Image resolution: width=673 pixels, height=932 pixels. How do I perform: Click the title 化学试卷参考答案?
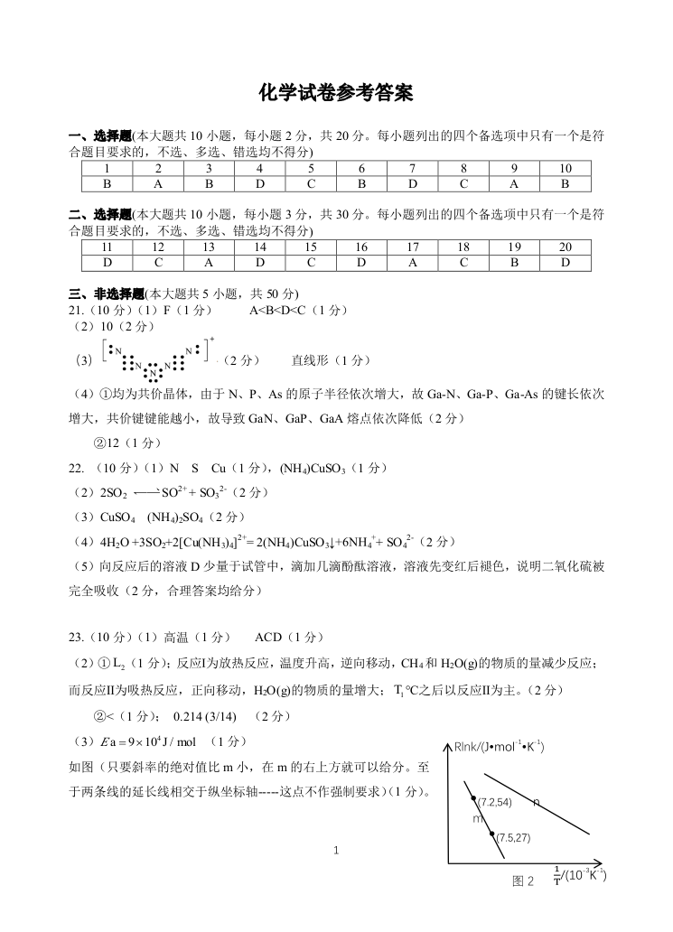pyautogui.click(x=336, y=93)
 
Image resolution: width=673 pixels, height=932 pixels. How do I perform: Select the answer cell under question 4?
pyautogui.click(x=259, y=183)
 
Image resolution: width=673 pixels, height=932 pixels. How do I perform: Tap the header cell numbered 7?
pyautogui.click(x=412, y=168)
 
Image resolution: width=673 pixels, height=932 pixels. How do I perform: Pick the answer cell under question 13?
pyautogui.click(x=208, y=262)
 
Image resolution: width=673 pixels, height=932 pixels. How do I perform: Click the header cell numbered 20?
pyautogui.click(x=566, y=247)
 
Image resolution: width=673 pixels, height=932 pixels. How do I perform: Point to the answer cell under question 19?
pyautogui.click(x=514, y=262)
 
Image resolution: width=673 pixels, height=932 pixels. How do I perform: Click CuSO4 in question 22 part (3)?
pyautogui.click(x=117, y=517)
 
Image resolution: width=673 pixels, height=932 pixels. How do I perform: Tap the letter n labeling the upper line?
pyautogui.click(x=537, y=801)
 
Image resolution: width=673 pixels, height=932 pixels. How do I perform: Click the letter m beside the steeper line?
pyautogui.click(x=477, y=818)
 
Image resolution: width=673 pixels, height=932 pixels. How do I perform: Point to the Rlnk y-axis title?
pyautogui.click(x=498, y=746)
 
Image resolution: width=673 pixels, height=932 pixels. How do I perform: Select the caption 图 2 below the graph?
pyautogui.click(x=523, y=881)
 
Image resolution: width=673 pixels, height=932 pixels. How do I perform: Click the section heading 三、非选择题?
pyautogui.click(x=107, y=294)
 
